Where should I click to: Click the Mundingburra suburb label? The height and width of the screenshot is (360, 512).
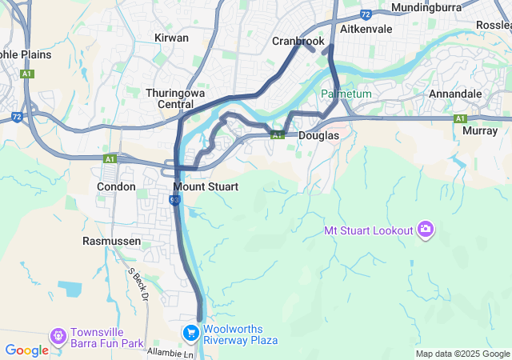tap(427, 8)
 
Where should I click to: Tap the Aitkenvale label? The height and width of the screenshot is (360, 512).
tap(366, 28)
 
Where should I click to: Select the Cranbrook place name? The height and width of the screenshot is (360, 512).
tap(298, 41)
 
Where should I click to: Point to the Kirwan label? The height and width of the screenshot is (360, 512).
tap(171, 38)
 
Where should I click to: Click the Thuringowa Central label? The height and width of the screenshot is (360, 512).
tap(175, 98)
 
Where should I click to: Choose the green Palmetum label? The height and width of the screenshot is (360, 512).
tap(346, 94)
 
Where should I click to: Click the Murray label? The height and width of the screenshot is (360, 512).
tap(480, 130)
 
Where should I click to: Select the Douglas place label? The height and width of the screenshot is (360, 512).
tap(318, 136)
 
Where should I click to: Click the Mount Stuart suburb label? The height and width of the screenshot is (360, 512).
tap(206, 186)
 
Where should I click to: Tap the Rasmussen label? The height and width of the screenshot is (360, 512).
tap(112, 240)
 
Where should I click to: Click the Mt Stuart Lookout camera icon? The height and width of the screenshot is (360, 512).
tap(426, 230)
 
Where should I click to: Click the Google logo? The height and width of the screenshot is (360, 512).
tap(26, 350)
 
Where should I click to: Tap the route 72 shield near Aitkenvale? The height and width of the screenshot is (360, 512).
tap(366, 14)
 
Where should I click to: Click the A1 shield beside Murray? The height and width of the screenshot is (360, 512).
tap(460, 118)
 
